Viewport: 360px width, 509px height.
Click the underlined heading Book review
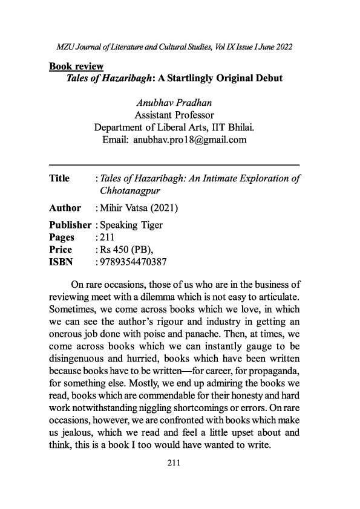76,66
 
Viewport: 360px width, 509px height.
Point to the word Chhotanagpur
129,191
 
